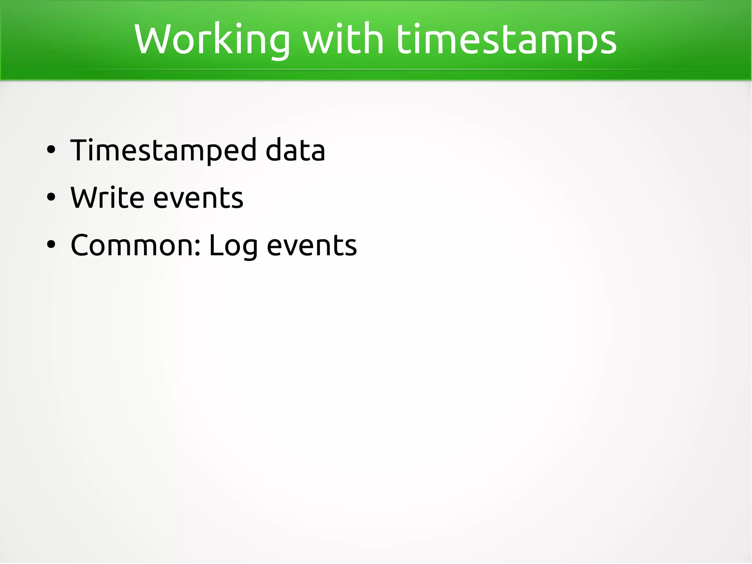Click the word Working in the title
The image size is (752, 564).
pos(212,40)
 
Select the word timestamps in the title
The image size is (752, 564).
pos(506,40)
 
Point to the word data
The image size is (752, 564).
pos(295,150)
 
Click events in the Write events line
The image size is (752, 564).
pos(198,198)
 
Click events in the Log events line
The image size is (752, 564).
pos(311,245)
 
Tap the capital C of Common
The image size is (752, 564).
pos(81,245)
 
